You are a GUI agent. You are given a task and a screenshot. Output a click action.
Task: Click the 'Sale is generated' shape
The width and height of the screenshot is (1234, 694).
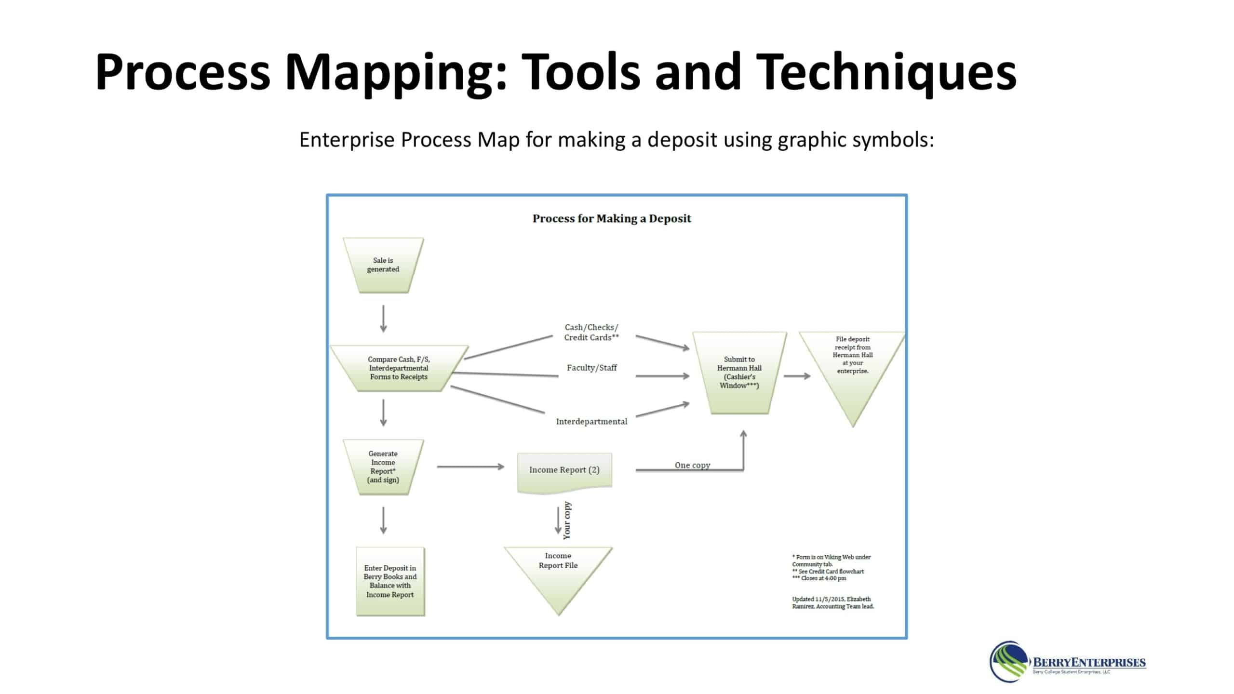(383, 265)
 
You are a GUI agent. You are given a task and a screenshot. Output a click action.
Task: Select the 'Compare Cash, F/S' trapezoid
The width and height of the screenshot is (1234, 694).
(399, 368)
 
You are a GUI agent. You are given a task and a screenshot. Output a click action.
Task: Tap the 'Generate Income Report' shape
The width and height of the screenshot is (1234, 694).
(383, 467)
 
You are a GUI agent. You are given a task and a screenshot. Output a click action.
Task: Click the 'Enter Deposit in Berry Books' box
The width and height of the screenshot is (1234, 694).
(390, 581)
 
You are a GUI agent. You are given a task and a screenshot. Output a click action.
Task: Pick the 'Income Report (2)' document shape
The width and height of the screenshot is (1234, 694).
(564, 471)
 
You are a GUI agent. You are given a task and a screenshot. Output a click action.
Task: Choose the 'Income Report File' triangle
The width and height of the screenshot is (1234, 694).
(558, 571)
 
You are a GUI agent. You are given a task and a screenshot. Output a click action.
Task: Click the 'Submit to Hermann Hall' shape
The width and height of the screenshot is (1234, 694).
(739, 372)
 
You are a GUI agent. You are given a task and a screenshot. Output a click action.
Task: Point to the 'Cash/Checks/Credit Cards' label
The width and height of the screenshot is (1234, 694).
(591, 332)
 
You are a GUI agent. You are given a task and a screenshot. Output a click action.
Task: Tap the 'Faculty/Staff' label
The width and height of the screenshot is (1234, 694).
(592, 368)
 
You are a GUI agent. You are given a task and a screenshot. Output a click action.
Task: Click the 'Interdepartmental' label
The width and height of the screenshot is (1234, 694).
(592, 422)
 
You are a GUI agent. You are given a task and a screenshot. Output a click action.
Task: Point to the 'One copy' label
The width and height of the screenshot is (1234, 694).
(692, 465)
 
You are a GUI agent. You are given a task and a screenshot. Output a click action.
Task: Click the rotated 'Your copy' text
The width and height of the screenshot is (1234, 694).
(567, 520)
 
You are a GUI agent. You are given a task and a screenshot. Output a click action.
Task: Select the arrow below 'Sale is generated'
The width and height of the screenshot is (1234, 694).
(383, 319)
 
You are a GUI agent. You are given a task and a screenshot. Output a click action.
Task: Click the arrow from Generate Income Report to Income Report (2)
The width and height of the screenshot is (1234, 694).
(470, 467)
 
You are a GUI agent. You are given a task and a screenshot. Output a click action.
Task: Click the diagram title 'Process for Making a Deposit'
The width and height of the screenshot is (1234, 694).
(612, 219)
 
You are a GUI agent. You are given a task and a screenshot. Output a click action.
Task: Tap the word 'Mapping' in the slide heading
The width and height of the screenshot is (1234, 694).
(395, 72)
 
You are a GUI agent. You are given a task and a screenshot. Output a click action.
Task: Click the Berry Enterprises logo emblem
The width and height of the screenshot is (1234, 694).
(1009, 662)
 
